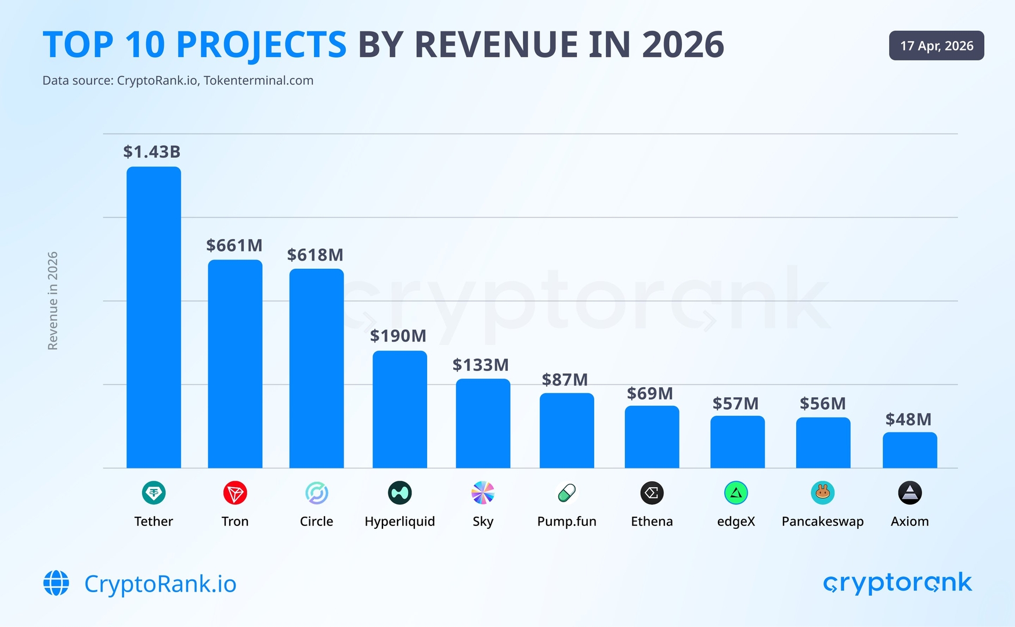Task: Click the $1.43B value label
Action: pos(151,152)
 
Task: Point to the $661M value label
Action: pos(234,246)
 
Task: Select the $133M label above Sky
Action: pos(481,365)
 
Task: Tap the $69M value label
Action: pos(650,394)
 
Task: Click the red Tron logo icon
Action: pos(235,493)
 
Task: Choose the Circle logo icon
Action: pos(317,493)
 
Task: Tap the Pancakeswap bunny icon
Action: pos(822,493)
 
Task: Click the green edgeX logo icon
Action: pos(736,493)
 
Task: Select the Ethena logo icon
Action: pos(652,493)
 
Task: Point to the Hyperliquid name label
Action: pos(399,521)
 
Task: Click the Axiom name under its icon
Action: pos(909,521)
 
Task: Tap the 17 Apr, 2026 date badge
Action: pos(936,46)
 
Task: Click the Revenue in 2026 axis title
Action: pos(53,301)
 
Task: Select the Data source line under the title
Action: pos(178,81)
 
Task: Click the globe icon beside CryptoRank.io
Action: pos(56,583)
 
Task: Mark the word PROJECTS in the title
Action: pos(261,45)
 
